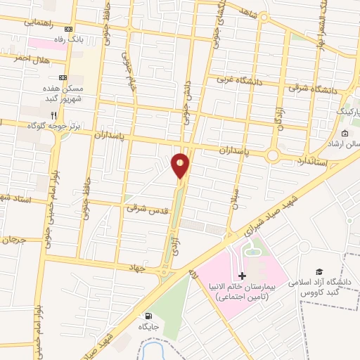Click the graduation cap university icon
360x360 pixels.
(320, 271)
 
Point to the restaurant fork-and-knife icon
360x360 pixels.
(64, 115)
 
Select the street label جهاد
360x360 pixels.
(135, 268)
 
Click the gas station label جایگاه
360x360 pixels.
(148, 327)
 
